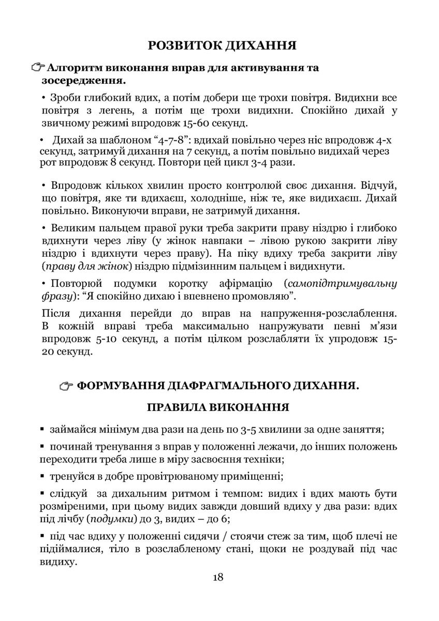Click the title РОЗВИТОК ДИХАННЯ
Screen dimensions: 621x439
(222, 45)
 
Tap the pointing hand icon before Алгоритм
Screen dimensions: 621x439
(38, 68)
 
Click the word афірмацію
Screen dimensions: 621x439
(242, 284)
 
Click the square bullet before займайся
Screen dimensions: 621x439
(42, 430)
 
